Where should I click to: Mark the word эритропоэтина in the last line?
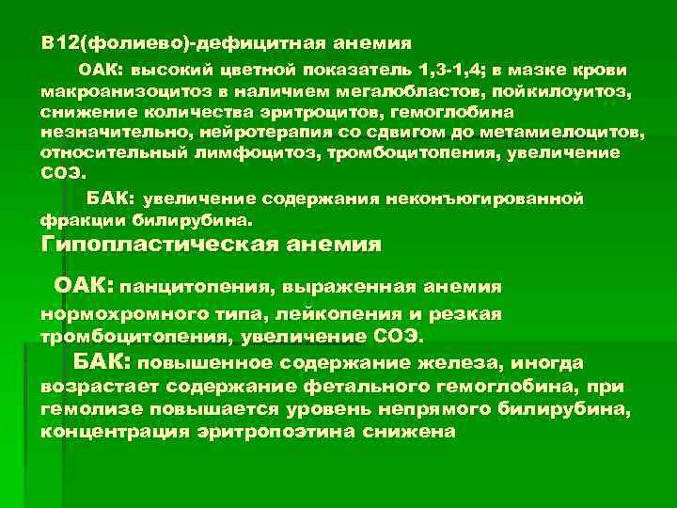click(x=260, y=431)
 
